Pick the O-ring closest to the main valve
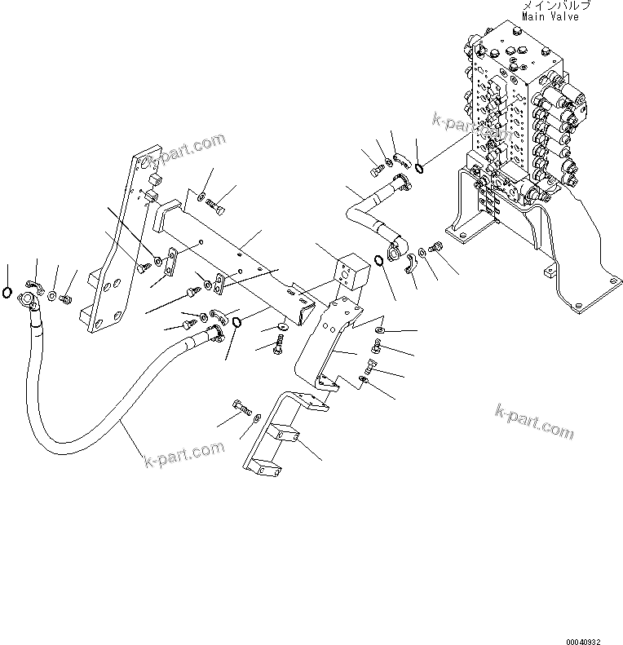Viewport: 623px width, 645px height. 418,168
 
